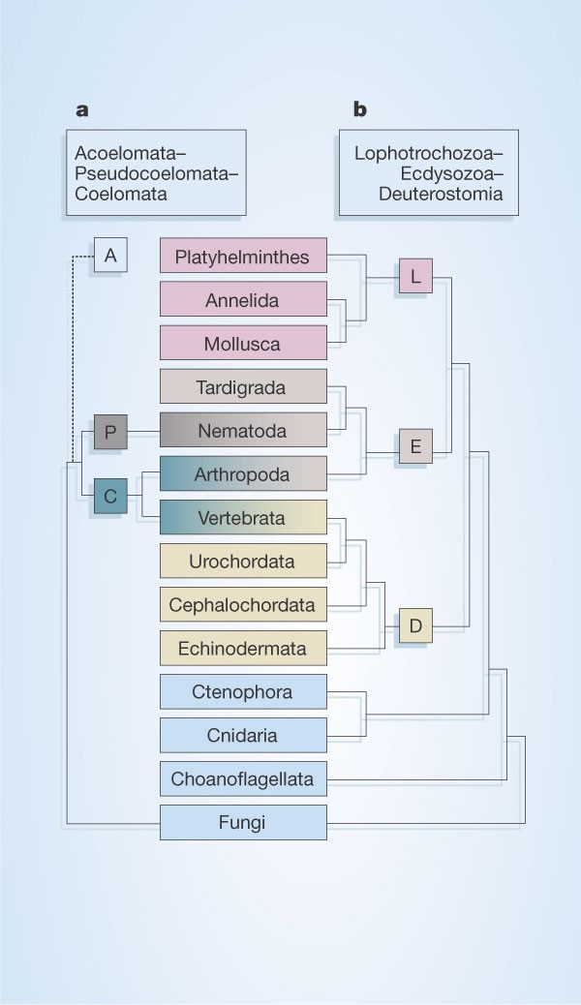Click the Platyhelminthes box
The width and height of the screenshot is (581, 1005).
click(x=242, y=257)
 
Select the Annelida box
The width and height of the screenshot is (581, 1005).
click(x=242, y=300)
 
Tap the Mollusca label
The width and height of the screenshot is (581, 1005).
click(x=242, y=344)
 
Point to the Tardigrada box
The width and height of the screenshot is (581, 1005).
click(x=242, y=387)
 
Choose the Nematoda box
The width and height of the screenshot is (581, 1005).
click(x=242, y=431)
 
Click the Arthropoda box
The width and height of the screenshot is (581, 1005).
click(x=242, y=474)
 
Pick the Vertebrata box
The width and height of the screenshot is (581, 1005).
click(x=242, y=518)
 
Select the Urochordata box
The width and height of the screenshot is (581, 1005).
click(x=242, y=562)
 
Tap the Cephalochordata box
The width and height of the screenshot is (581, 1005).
click(x=242, y=605)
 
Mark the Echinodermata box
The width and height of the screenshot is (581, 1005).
click(x=242, y=649)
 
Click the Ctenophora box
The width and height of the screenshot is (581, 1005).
click(x=242, y=692)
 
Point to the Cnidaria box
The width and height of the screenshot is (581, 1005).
click(x=242, y=736)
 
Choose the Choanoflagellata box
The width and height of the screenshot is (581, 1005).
click(x=242, y=777)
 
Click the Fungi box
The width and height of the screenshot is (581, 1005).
click(x=242, y=823)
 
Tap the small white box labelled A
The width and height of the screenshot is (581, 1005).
click(x=110, y=256)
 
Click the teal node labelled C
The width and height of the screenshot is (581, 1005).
click(x=110, y=497)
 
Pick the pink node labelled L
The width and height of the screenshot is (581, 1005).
click(x=415, y=277)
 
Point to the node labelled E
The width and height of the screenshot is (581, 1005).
click(x=415, y=447)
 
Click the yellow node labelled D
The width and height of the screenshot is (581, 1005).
click(x=415, y=626)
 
